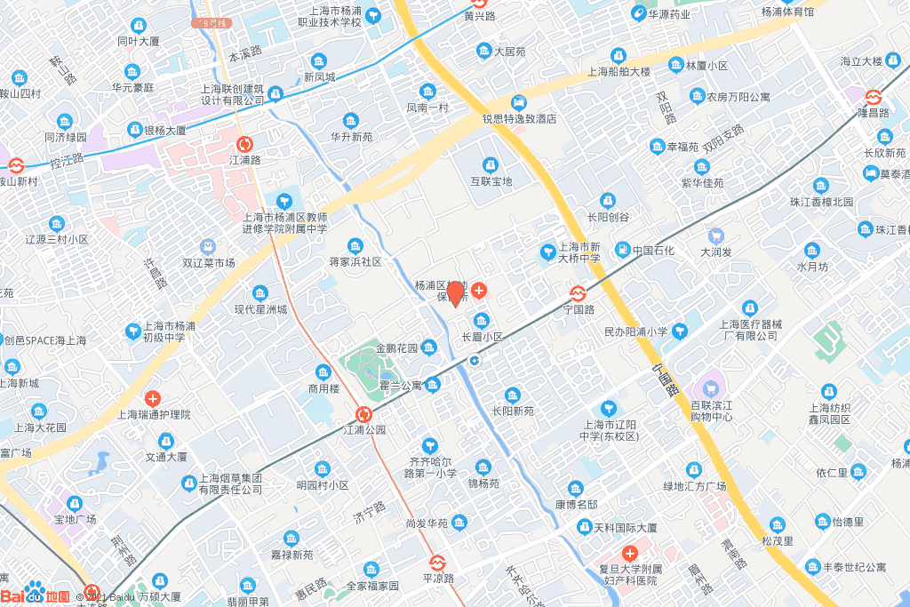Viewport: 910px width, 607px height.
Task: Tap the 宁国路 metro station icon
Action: pyautogui.click(x=578, y=292)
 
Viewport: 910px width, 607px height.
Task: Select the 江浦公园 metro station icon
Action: pyautogui.click(x=363, y=414)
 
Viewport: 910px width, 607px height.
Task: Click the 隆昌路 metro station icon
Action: pyautogui.click(x=874, y=97)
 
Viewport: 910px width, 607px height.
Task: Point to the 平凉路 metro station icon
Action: pyautogui.click(x=436, y=562)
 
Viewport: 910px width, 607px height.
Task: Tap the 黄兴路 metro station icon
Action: pyautogui.click(x=480, y=3)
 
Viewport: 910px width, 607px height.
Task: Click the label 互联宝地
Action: pyautogui.click(x=490, y=181)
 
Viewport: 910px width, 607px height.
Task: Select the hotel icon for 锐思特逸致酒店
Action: pyautogui.click(x=519, y=102)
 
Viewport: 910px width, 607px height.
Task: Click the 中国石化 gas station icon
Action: pyautogui.click(x=623, y=251)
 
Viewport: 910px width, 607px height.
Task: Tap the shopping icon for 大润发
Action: pyautogui.click(x=716, y=236)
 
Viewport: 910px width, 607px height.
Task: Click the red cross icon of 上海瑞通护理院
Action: pyautogui.click(x=154, y=399)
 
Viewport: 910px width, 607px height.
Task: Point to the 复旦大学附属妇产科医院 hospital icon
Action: pyautogui.click(x=629, y=554)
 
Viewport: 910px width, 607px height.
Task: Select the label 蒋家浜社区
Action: pyautogui.click(x=355, y=261)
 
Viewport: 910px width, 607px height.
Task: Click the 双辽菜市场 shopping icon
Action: pyautogui.click(x=208, y=246)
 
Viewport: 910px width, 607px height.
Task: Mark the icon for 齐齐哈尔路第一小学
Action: pyautogui.click(x=430, y=444)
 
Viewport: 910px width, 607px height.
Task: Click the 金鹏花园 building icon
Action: pyautogui.click(x=429, y=347)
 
